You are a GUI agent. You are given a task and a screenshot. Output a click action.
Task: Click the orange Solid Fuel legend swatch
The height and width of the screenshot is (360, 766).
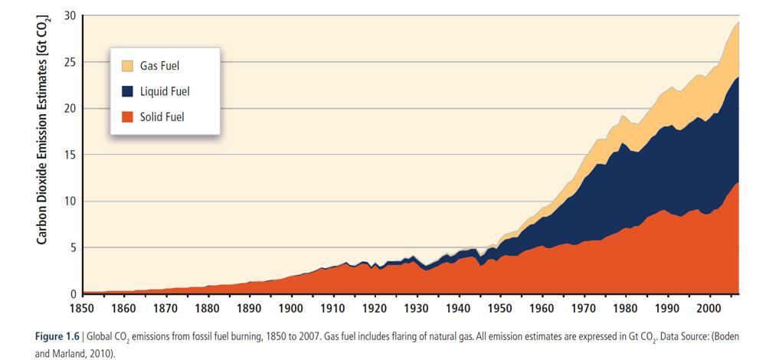coord(127,117)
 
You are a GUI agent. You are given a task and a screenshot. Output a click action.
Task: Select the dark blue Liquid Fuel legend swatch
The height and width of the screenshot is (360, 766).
coord(127,91)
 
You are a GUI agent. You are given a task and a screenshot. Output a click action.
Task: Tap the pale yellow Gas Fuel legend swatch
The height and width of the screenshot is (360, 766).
coord(127,65)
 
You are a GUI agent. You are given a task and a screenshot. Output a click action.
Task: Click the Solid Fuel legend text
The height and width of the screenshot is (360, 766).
coord(162,117)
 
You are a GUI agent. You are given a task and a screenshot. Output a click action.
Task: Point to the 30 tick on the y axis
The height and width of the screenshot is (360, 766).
coord(70,15)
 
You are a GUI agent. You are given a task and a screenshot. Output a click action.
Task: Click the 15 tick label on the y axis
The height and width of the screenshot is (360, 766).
coord(70,155)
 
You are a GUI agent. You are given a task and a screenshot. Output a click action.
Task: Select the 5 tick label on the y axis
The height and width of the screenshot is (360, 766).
coord(73,248)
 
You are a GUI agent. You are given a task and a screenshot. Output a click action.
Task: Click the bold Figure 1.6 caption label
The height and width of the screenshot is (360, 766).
coord(58,337)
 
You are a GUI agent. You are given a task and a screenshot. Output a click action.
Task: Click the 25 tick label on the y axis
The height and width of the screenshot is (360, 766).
coord(70,62)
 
